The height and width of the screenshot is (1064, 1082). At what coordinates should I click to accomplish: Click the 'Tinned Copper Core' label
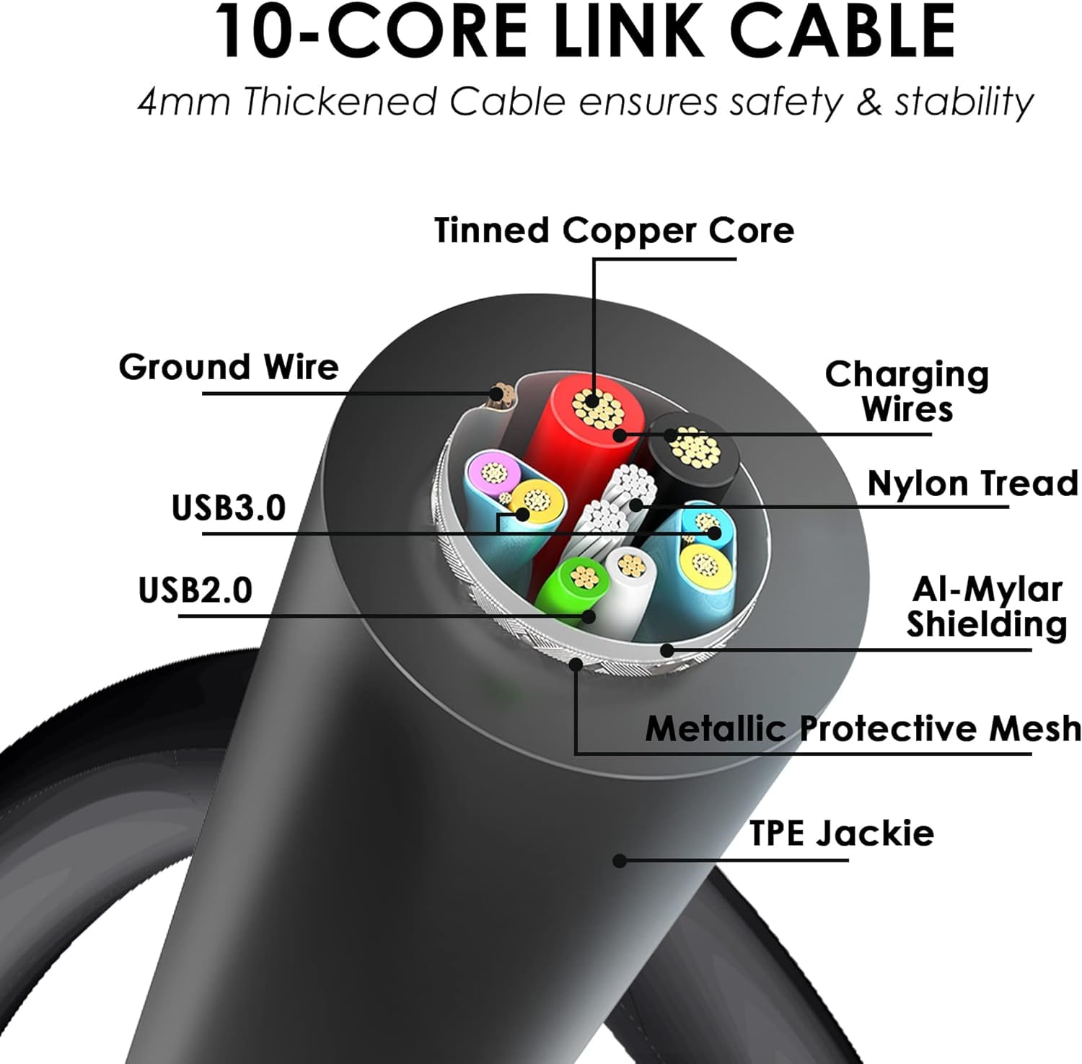coord(614,231)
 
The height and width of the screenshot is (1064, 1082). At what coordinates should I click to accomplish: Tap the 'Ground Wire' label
coord(229,367)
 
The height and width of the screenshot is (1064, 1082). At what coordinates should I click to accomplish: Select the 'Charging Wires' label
coord(907,391)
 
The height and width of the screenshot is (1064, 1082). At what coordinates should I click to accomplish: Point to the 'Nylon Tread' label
coord(972,483)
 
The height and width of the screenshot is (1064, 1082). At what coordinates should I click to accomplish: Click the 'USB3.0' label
coord(229,507)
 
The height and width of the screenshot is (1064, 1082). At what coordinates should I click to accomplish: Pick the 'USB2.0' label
coord(195,590)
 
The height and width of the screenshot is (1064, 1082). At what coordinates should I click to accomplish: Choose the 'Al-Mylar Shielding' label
coord(986,607)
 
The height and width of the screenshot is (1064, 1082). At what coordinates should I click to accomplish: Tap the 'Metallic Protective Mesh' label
coord(863,728)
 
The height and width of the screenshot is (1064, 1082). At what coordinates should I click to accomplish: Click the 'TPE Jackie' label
coord(841,833)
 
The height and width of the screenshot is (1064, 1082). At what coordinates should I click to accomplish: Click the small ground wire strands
coord(497,394)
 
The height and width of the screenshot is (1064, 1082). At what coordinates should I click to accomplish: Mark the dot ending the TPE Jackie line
coord(619,860)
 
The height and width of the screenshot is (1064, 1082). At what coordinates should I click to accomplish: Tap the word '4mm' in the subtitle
coord(183,102)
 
